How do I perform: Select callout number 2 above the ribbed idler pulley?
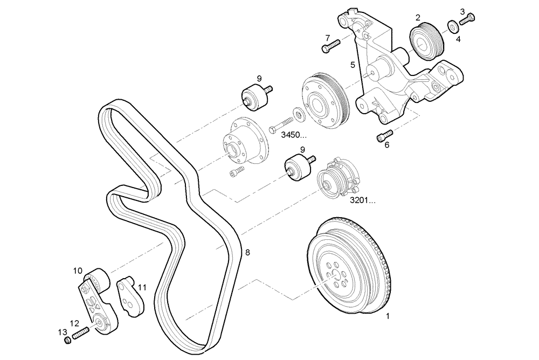click(418, 18)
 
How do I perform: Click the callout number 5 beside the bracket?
click(353, 65)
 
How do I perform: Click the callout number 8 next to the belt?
click(247, 252)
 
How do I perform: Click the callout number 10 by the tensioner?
click(78, 271)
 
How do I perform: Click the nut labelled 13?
click(67, 341)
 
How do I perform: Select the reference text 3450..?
click(294, 135)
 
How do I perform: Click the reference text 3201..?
click(362, 200)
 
